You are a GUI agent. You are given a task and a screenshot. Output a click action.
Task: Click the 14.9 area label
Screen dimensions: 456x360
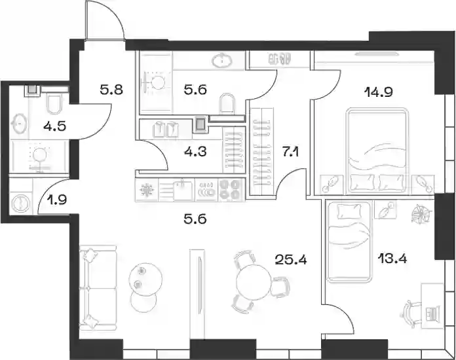pyautogui.click(x=379, y=92)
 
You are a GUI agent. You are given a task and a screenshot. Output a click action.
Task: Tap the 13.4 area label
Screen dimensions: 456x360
pyautogui.click(x=392, y=258)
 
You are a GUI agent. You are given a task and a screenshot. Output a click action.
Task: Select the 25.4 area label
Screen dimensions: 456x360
pyautogui.click(x=291, y=260)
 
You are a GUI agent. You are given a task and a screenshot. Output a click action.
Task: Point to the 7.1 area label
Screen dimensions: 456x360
pyautogui.click(x=290, y=152)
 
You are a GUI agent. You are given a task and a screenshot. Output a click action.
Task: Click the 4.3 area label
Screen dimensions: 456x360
pyautogui.click(x=195, y=152)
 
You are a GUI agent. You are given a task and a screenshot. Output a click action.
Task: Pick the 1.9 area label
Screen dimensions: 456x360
pyautogui.click(x=57, y=200)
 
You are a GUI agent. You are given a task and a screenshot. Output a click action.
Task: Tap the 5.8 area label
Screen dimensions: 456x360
pyautogui.click(x=111, y=90)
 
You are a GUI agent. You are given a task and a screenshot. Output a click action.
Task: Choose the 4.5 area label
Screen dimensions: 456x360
pyautogui.click(x=54, y=126)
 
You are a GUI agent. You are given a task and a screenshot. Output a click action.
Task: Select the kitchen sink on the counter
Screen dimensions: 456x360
pyautogui.click(x=183, y=190)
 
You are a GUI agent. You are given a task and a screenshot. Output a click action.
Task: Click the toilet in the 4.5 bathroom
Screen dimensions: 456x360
pyautogui.click(x=54, y=104)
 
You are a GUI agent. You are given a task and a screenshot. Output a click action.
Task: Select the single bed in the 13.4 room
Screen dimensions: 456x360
pyautogui.click(x=349, y=242)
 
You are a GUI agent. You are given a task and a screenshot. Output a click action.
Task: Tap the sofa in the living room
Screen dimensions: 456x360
pyautogui.click(x=98, y=288)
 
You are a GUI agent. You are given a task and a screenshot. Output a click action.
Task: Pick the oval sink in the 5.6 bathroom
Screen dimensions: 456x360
pyautogui.click(x=222, y=61)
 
